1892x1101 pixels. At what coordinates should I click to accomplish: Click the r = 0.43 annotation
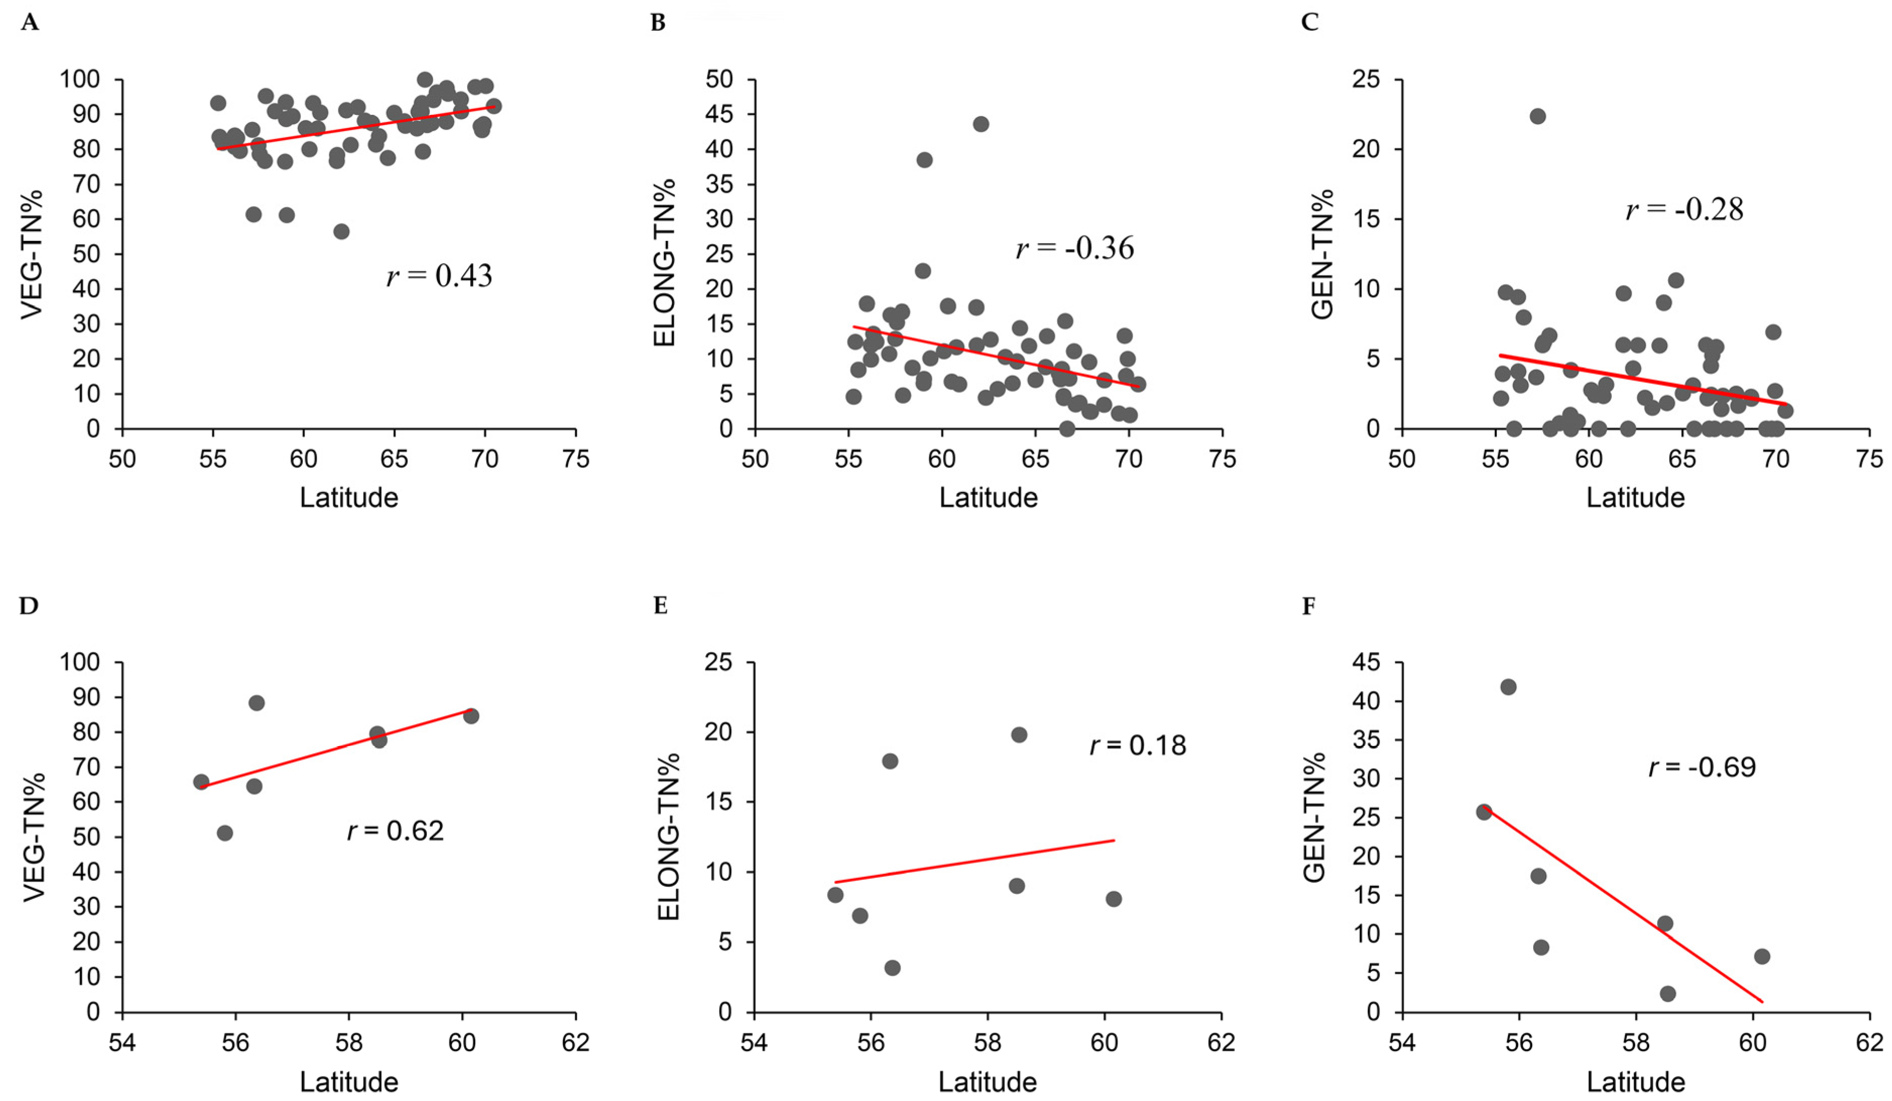[x=439, y=276]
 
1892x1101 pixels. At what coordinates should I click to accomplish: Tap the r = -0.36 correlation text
[x=1075, y=248]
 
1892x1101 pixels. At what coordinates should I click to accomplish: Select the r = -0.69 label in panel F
[x=1701, y=767]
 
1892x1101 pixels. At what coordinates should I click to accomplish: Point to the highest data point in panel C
[x=1538, y=116]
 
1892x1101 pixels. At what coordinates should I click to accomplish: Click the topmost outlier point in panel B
[x=981, y=124]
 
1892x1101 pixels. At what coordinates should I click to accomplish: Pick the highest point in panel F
[x=1507, y=687]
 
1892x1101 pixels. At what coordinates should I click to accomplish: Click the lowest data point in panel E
[x=892, y=968]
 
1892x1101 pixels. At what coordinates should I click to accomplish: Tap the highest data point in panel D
[x=256, y=703]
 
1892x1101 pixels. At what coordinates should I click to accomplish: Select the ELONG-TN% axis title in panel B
[x=664, y=263]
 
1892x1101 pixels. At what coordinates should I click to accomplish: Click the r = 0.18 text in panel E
[x=1138, y=745]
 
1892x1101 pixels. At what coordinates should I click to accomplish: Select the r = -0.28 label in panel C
[x=1684, y=210]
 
